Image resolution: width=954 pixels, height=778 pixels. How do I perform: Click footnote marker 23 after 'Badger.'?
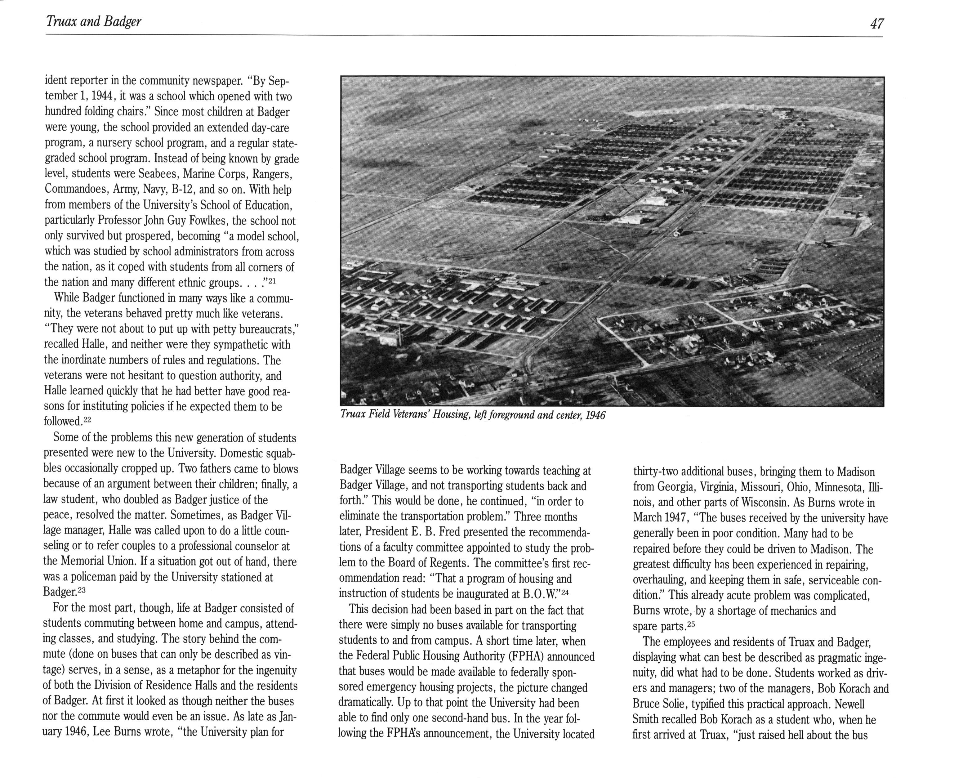[x=81, y=590]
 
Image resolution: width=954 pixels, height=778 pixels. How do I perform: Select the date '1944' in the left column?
[x=100, y=96]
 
